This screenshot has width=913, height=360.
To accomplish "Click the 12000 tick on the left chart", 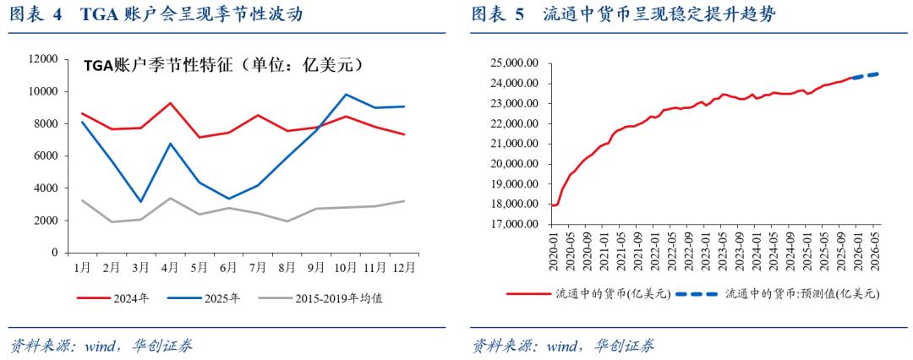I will pos(43,59).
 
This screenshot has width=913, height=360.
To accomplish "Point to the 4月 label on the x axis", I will pos(171,268).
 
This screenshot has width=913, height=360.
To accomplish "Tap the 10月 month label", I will pos(345,268).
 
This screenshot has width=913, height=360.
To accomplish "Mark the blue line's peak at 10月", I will pos(345,95).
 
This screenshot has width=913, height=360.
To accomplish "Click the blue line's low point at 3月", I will pos(141,201).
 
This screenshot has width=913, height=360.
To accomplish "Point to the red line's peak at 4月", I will pos(171,103).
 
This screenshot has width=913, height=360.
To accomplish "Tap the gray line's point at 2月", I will pos(112,222).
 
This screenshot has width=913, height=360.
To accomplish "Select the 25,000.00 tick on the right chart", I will pos(515,63).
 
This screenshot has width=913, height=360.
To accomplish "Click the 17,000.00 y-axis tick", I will pos(515,224).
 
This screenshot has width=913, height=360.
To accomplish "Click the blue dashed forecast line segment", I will pos(866,75).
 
